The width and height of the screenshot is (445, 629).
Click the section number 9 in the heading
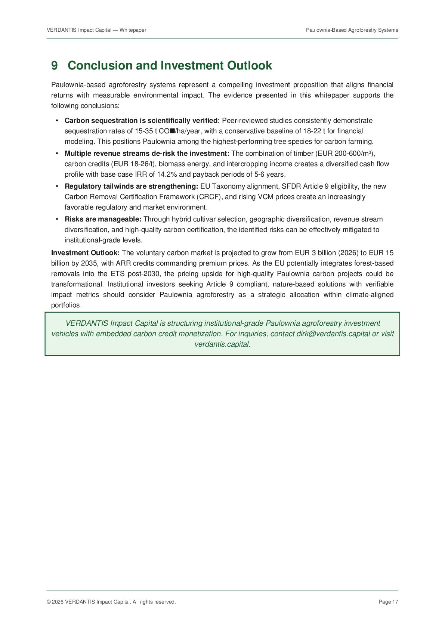[x=55, y=66]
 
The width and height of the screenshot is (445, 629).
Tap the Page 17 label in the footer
[x=388, y=602]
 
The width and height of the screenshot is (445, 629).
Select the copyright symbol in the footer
[x=49, y=602]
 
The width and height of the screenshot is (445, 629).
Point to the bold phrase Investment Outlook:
[x=86, y=253]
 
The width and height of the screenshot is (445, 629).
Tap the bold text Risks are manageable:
[x=103, y=219]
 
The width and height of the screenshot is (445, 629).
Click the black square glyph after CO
[x=172, y=131]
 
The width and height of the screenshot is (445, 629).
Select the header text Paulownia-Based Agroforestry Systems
[x=352, y=30]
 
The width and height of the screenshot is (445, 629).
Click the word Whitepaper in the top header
[x=133, y=30]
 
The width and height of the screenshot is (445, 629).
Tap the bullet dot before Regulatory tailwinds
[x=57, y=186]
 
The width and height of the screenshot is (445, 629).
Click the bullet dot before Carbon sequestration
[x=57, y=120]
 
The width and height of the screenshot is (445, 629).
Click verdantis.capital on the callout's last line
[x=222, y=344]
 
